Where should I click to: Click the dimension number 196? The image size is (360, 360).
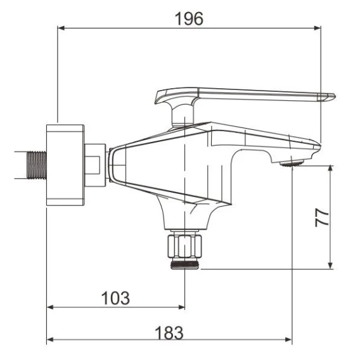coord(189,18)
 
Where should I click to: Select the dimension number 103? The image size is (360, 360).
coord(115,298)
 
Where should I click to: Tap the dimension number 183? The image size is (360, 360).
coord(169,333)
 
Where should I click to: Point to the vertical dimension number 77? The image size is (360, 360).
coord(322,217)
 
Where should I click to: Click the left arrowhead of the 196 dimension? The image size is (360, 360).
coord(61,29)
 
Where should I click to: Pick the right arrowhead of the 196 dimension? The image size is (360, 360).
coord(318,29)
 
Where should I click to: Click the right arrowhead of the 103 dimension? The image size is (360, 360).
coord(181,307)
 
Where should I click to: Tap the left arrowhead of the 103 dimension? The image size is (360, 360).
coord(50,307)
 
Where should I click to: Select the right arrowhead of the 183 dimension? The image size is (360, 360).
coord(288,339)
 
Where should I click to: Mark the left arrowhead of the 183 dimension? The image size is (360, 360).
coord(50,339)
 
